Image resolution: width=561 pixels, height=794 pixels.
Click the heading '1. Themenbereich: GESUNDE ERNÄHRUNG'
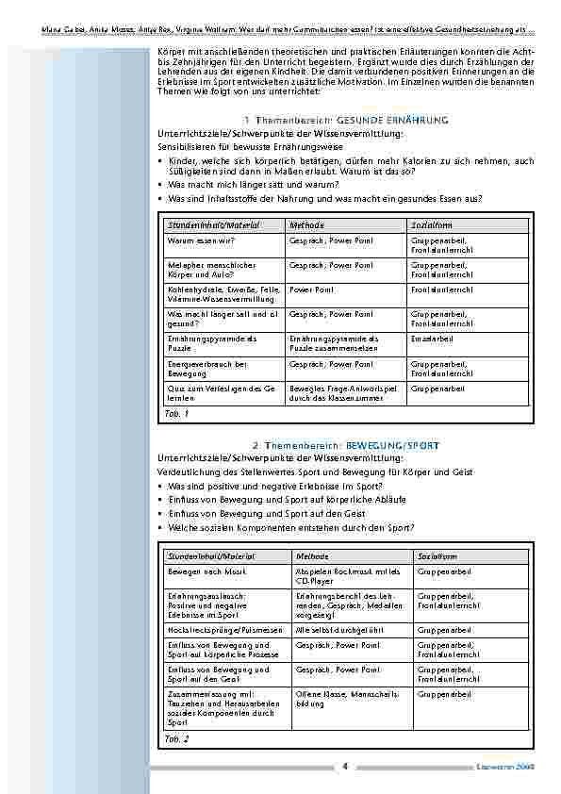pos(345,121)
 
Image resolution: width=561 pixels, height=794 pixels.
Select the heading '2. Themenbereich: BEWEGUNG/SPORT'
pos(345,445)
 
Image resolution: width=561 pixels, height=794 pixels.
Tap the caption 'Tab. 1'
pos(176,413)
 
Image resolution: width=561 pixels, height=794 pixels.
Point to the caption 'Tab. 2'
pos(176,739)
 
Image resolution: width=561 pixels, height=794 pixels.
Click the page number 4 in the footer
pos(346,766)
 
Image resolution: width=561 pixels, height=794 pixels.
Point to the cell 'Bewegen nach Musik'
pos(199,571)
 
